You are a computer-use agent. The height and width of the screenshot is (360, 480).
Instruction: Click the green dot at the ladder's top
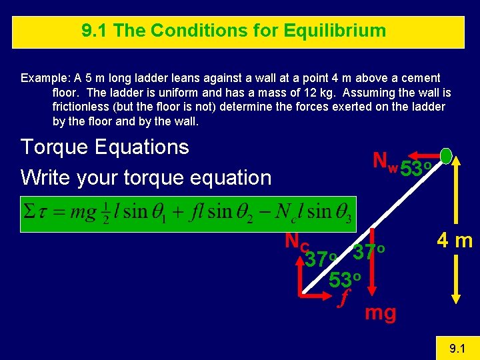(446, 156)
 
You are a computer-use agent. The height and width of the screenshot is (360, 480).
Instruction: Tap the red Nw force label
(385, 161)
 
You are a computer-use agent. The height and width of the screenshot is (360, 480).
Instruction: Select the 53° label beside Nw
(417, 169)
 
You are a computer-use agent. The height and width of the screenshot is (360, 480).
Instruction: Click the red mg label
(380, 312)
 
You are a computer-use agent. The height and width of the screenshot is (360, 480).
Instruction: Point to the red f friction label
(344, 299)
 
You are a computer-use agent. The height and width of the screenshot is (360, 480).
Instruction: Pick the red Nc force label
(294, 241)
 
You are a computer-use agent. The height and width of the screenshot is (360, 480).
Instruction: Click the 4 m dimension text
(453, 241)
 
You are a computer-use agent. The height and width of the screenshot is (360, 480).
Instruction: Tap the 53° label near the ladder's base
(345, 279)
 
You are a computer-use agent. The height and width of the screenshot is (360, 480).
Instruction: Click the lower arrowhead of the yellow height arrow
(455, 297)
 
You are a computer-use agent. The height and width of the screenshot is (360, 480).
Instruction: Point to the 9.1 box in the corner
(457, 347)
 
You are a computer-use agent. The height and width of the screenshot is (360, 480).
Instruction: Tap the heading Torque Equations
(105, 147)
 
